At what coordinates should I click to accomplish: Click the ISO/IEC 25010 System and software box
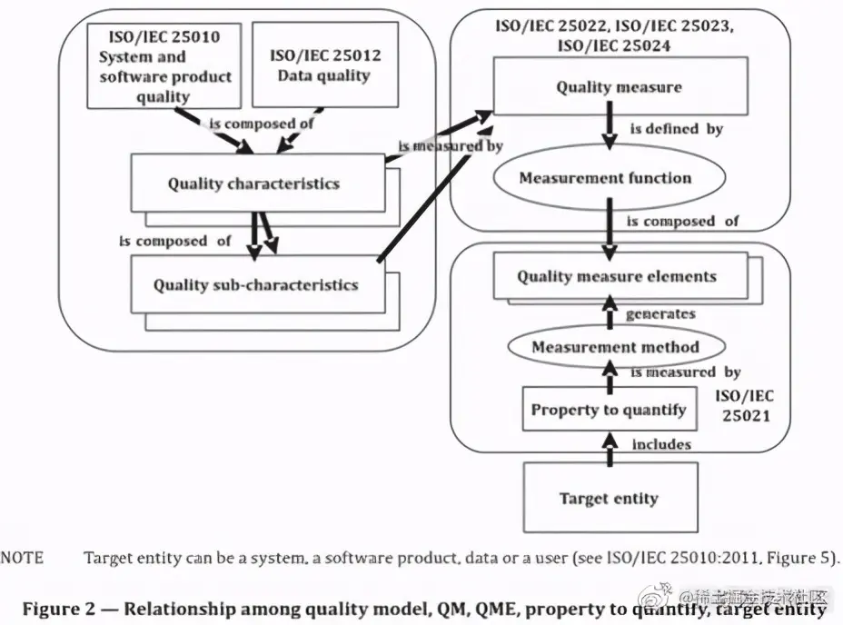[x=165, y=64]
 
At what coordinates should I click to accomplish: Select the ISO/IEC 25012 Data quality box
[x=324, y=64]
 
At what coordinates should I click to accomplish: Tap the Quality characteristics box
[x=253, y=183]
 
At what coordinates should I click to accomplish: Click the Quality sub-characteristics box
[x=255, y=284]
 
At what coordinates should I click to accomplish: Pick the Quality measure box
[x=619, y=87]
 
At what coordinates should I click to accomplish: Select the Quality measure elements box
[x=617, y=276]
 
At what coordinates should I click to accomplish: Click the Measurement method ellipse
[x=615, y=346]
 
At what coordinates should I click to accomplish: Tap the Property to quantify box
[x=608, y=410]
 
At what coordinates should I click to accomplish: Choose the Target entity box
[x=608, y=497]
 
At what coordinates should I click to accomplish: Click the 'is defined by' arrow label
[x=671, y=129]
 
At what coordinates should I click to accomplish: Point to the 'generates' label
[x=660, y=313]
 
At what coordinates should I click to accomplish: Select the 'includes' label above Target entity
[x=661, y=444]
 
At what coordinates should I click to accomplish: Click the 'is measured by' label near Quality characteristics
[x=451, y=145]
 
